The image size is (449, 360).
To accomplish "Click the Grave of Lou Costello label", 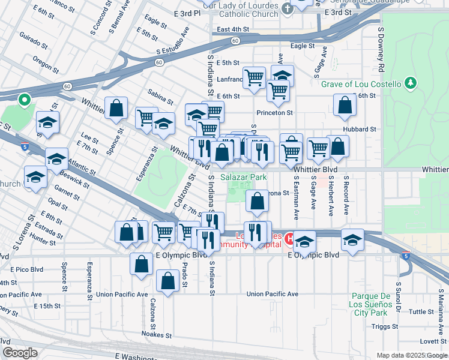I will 360,84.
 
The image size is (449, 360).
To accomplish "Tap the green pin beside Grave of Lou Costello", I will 411,83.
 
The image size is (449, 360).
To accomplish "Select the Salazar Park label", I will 243,178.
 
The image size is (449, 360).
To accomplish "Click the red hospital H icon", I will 289,239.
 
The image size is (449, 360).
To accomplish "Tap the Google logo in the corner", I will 20,353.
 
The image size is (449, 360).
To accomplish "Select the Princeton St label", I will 274,112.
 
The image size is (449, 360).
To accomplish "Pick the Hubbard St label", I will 359,129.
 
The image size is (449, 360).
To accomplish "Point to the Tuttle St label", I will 421,312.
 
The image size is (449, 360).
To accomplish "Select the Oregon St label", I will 46,62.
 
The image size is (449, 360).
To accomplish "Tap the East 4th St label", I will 233,29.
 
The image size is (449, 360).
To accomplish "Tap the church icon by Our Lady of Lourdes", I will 288,8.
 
